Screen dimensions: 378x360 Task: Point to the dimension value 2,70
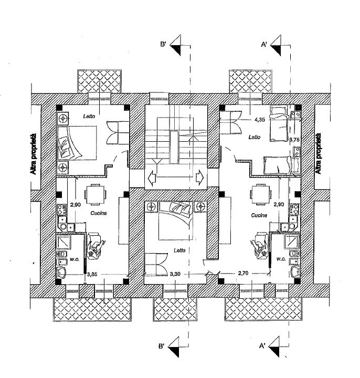tap(243, 274)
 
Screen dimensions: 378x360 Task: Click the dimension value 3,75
tap(295, 140)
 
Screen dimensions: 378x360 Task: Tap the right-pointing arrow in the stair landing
tap(200, 176)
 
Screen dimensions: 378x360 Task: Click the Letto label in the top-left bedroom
tap(88, 115)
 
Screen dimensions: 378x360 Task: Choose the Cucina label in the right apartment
tap(259, 215)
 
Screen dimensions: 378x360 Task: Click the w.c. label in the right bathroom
tap(280, 259)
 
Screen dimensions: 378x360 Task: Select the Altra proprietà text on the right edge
tap(317, 153)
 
